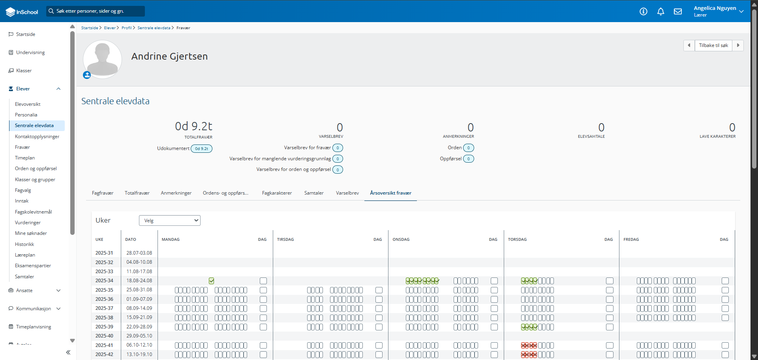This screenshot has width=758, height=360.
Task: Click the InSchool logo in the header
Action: point(22,12)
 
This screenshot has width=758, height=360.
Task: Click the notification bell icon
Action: point(660,11)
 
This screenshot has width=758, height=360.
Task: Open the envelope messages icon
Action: point(678,11)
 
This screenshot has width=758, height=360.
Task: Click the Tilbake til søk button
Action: point(713,45)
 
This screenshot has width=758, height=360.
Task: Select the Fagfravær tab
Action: point(103,193)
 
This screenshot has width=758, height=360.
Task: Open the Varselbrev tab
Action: point(347,193)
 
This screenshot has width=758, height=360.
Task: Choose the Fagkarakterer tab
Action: point(277,193)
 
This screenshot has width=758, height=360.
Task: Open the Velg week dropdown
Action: point(170,221)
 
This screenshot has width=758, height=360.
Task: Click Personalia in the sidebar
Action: point(26,115)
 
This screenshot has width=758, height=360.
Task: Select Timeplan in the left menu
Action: point(25,158)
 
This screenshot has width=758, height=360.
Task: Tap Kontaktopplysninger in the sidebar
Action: point(37,137)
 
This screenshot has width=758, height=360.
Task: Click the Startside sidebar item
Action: point(26,34)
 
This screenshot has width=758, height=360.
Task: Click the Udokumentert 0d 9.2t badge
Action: point(201,149)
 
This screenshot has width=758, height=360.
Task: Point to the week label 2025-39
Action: point(104,327)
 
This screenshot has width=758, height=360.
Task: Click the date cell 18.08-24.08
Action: point(139,281)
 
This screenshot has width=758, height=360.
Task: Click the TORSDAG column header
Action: point(517,240)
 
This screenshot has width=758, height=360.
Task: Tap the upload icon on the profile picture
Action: point(87,75)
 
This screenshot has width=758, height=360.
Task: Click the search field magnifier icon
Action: point(51,11)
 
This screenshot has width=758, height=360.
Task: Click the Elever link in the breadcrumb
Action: point(110,28)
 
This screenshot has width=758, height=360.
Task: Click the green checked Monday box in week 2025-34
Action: point(212,281)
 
